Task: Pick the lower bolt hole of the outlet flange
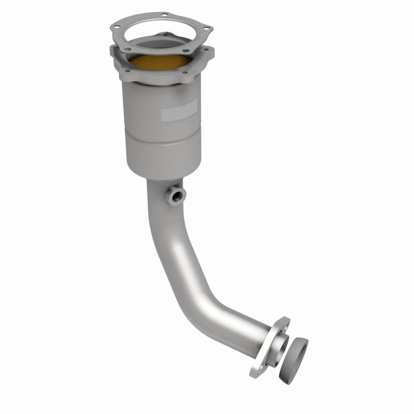(x=253, y=371)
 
